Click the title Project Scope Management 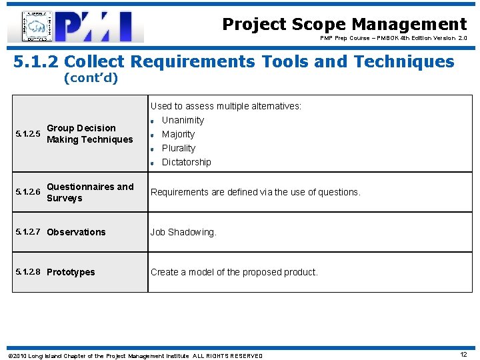click(x=344, y=25)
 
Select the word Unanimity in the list click(x=183, y=120)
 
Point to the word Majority click(x=178, y=134)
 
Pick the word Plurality click(x=179, y=148)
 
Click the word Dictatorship click(x=186, y=162)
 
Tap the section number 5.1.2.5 click(x=27, y=134)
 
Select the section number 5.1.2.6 click(x=27, y=193)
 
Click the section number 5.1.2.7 click(x=27, y=232)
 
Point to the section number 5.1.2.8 click(x=27, y=272)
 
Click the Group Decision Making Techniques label click(x=90, y=134)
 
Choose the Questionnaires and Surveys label click(x=90, y=192)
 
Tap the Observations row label click(x=76, y=232)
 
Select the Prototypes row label click(x=71, y=272)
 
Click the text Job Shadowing click(x=183, y=232)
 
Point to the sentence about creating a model click(x=234, y=272)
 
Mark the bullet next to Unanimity click(x=152, y=121)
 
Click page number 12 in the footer click(x=463, y=355)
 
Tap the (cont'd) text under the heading click(x=90, y=79)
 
